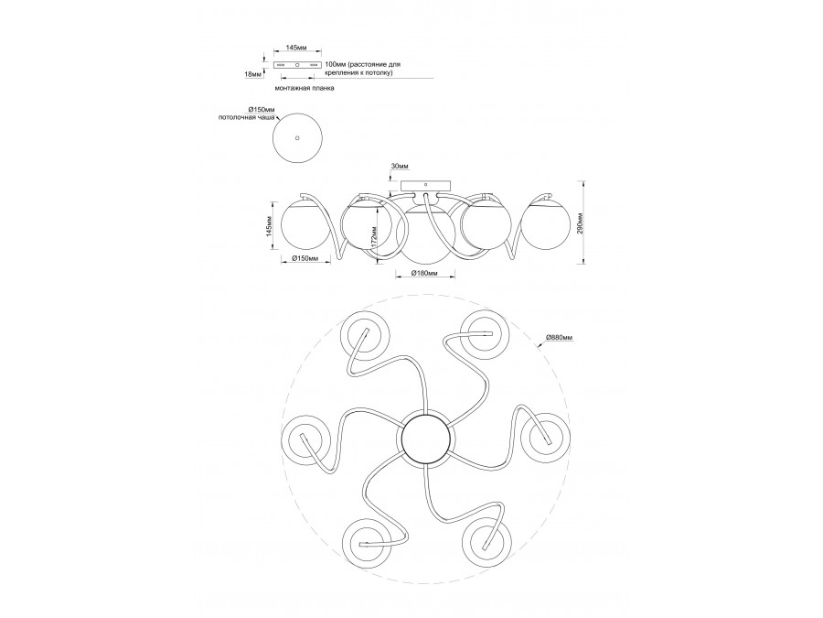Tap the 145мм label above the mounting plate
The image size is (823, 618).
click(x=295, y=48)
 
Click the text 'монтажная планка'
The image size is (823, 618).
click(x=305, y=89)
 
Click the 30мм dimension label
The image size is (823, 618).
click(x=400, y=167)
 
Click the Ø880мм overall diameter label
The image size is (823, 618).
click(x=559, y=338)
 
